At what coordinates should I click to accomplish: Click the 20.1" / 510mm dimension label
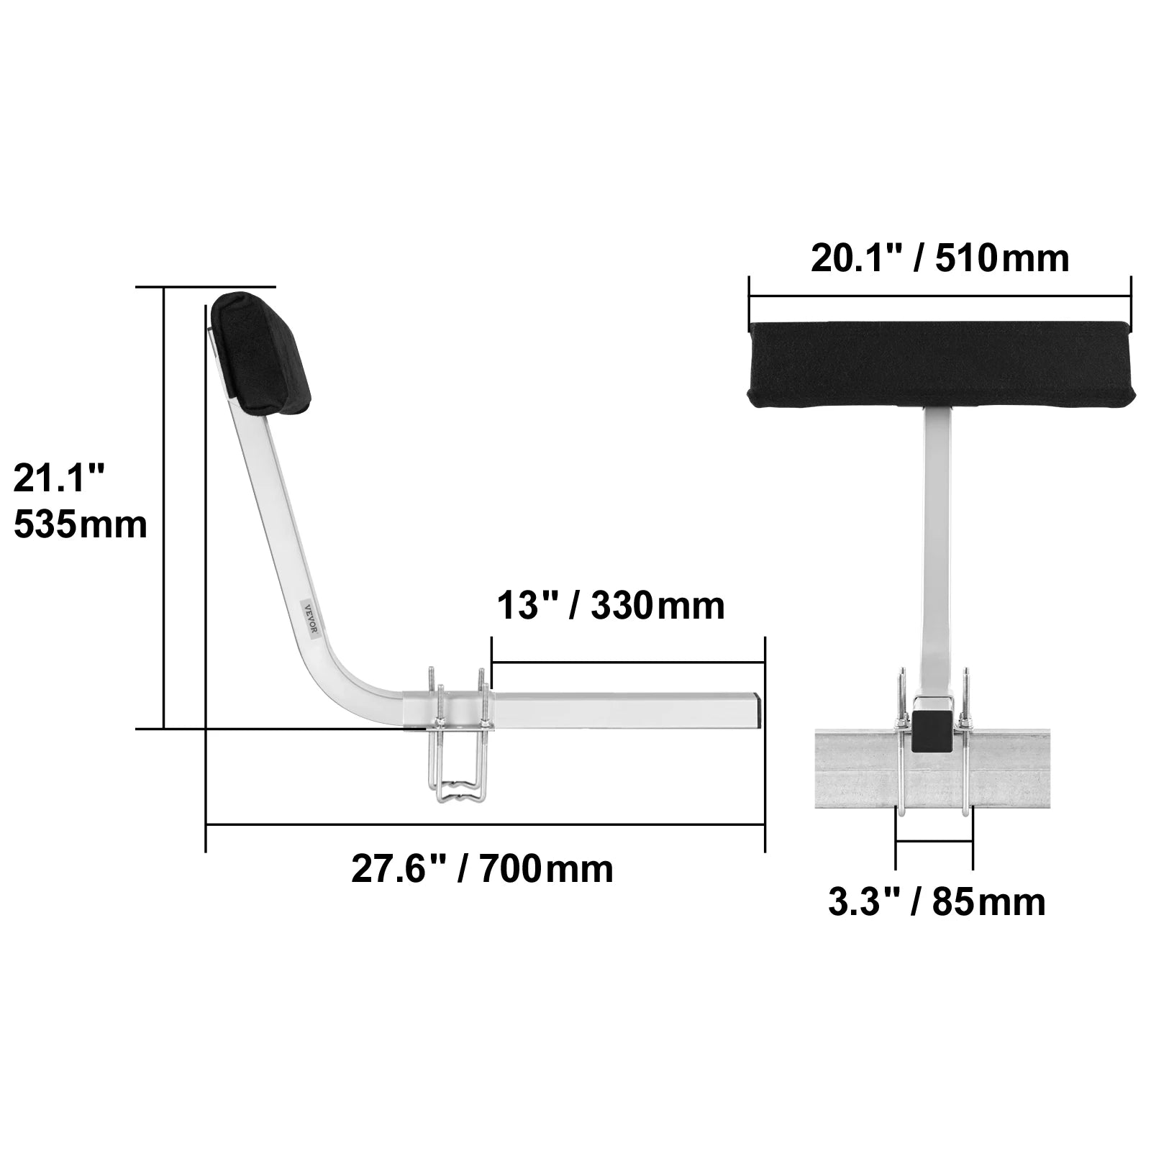tap(940, 258)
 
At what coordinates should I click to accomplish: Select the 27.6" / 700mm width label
tap(482, 869)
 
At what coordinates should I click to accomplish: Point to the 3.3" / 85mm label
tap(937, 902)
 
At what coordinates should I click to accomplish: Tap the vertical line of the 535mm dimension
tap(165, 504)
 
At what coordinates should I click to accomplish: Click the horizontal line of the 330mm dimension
tap(626, 661)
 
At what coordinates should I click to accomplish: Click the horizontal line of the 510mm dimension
tap(940, 296)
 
